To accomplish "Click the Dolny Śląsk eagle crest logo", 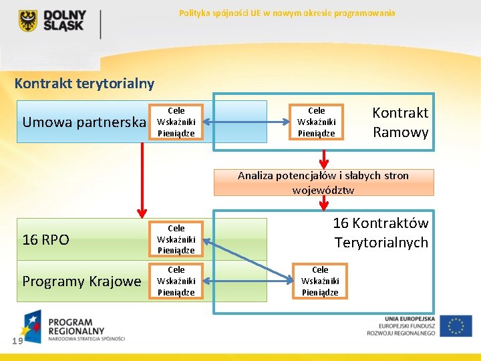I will click(27, 21).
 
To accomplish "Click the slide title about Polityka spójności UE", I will click(287, 13).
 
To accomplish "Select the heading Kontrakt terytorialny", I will click(84, 84).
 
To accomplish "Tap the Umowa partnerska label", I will click(84, 122).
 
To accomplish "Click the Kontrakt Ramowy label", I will click(400, 122).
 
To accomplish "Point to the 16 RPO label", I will click(45, 239).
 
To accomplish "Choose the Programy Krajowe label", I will click(82, 281).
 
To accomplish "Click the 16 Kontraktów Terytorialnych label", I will click(381, 233).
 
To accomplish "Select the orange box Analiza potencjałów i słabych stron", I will click(323, 183).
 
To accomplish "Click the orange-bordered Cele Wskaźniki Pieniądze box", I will click(316, 122).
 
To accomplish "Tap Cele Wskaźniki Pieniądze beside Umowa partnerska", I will click(176, 122).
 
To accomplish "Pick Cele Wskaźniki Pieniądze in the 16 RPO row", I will click(176, 239).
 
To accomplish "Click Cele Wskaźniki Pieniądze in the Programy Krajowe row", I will click(176, 281).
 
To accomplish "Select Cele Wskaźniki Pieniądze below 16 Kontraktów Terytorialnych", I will click(320, 281).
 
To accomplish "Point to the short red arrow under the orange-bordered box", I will click(324, 158).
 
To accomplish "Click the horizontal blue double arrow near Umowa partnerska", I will click(245, 122).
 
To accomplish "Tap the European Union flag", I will click(456, 326).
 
